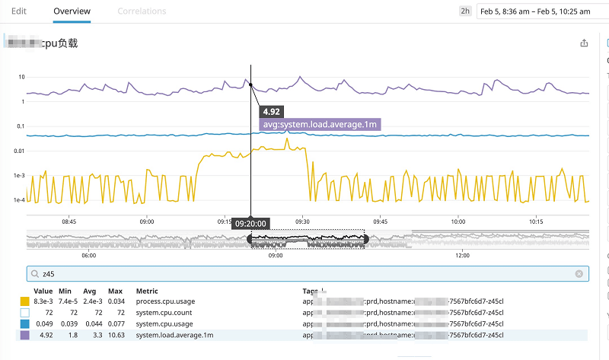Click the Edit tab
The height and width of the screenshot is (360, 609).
pos(19,11)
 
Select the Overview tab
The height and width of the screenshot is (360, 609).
pos(72,11)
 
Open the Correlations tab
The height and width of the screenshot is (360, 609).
pos(142,11)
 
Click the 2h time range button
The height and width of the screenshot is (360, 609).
pos(464,11)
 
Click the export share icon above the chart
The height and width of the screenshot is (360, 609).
pos(585,43)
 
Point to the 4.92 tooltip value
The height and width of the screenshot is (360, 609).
pos(271,111)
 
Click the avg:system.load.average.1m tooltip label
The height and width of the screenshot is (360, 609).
pos(320,124)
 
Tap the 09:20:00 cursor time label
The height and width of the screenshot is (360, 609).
pos(250,224)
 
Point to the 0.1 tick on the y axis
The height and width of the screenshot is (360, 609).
pos(21,126)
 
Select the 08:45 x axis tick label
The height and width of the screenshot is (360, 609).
pos(69,221)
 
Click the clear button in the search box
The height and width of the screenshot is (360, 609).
pos(579,273)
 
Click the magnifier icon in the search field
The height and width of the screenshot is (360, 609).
pos(34,273)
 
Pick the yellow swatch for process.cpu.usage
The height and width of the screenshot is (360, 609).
pos(25,302)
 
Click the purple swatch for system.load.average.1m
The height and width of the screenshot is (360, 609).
pos(25,334)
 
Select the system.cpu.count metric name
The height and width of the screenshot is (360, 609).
pos(164,313)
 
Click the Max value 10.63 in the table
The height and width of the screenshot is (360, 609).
pos(115,334)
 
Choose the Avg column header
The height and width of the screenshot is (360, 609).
pos(89,291)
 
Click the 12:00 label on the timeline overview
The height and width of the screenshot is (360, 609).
pos(461,256)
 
